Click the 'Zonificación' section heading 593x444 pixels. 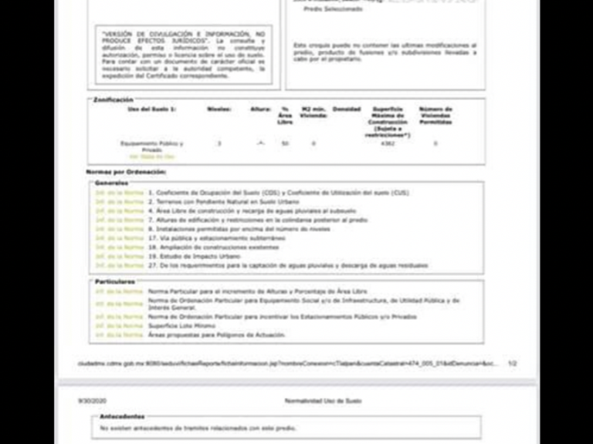click(114, 99)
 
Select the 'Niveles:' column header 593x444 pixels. click(219, 109)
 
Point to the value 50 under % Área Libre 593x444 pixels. click(285, 143)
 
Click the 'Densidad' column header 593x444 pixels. click(347, 109)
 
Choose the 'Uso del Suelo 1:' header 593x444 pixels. click(151, 109)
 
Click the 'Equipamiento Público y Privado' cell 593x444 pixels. click(152, 146)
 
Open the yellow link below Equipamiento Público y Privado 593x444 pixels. click(151, 156)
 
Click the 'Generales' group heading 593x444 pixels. click(110, 183)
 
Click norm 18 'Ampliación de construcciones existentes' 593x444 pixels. click(215, 247)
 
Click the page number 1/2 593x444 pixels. click(513, 362)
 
